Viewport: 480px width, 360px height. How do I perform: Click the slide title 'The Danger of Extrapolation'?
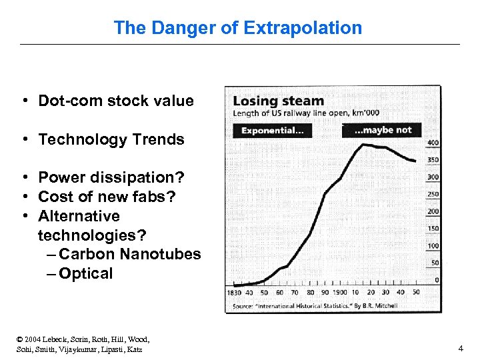238,28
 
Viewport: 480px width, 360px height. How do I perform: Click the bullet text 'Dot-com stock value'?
116,101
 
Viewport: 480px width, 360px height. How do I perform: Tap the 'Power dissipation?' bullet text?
111,177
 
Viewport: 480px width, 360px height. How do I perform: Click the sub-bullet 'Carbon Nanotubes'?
129,254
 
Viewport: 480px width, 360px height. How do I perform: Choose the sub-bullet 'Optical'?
85,273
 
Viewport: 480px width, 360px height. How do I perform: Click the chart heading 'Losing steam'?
278,101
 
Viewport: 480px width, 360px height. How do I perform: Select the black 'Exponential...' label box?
272,131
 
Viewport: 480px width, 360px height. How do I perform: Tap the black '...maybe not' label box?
382,130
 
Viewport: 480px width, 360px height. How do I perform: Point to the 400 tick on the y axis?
433,143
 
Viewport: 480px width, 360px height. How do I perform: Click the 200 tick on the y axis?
433,211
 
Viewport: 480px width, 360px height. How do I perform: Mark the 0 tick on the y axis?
437,280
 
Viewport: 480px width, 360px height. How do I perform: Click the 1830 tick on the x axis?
235,292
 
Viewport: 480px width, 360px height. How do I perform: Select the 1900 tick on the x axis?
338,292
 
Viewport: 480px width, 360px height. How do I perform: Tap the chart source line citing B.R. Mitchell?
315,306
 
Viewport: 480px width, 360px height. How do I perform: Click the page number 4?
460,348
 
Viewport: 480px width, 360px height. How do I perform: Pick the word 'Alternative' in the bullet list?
79,216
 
